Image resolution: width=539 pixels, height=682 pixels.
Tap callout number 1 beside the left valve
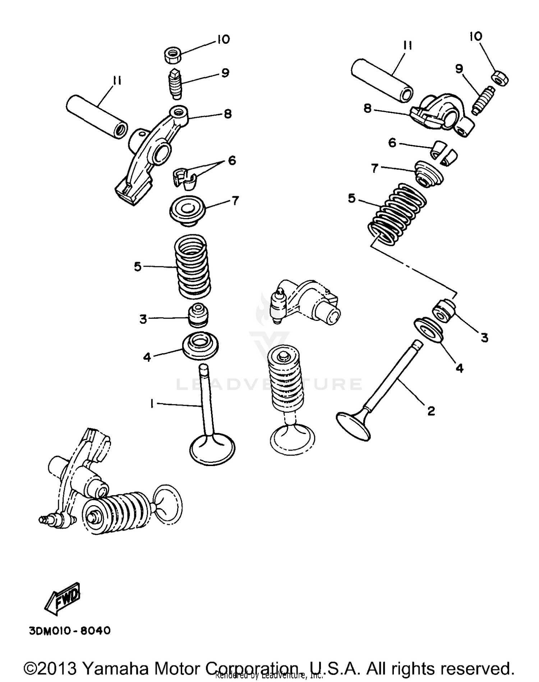coord(152,404)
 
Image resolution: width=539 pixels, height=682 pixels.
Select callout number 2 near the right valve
coord(431,410)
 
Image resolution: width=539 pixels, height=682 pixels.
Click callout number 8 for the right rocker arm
coord(367,108)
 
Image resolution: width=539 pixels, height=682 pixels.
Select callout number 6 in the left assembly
coord(232,161)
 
